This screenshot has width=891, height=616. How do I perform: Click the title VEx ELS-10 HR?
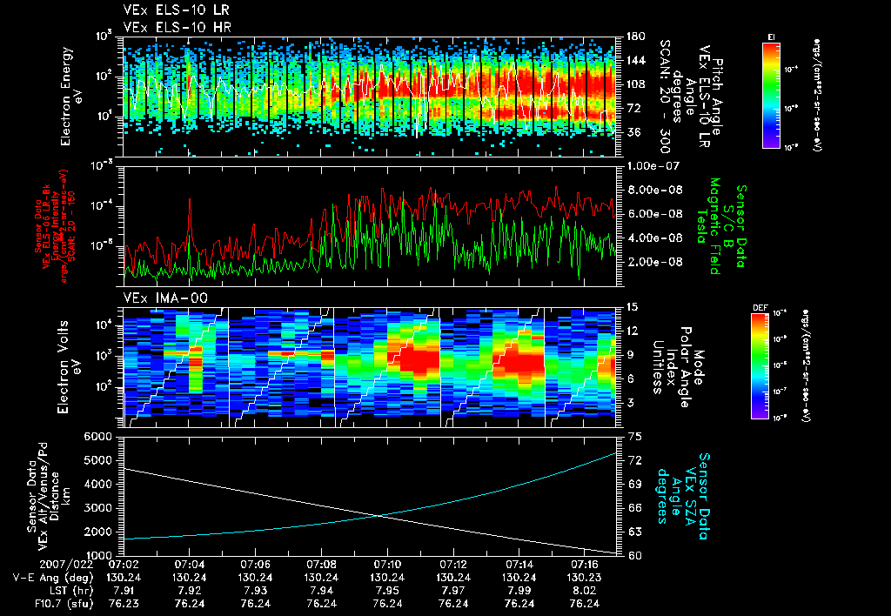170,27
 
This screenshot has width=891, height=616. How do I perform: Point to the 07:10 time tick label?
387,564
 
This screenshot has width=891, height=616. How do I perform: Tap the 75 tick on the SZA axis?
634,436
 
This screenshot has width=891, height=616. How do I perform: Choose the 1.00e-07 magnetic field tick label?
652,165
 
